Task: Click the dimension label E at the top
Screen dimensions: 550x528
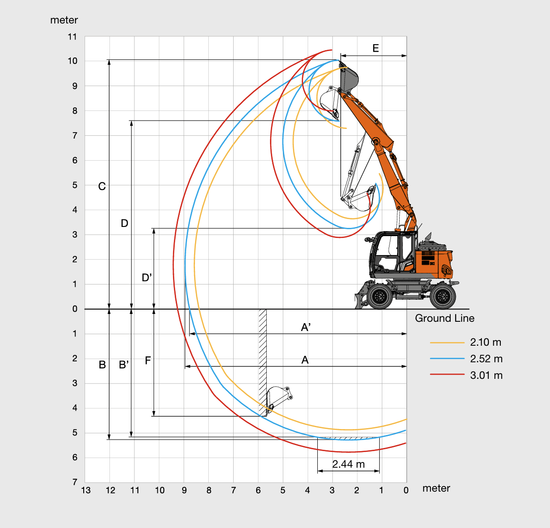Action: pyautogui.click(x=376, y=48)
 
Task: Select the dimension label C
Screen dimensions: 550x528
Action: pyautogui.click(x=102, y=186)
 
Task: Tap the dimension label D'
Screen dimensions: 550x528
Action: pyautogui.click(x=147, y=278)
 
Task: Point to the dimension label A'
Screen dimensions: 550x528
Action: pyautogui.click(x=306, y=327)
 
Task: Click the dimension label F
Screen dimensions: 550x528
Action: pyautogui.click(x=148, y=360)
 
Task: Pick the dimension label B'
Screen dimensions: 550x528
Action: pyautogui.click(x=124, y=365)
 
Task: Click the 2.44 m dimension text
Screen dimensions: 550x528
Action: pyautogui.click(x=348, y=464)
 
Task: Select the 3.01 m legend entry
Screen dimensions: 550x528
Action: pyautogui.click(x=486, y=375)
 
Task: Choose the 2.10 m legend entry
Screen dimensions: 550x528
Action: pyautogui.click(x=486, y=342)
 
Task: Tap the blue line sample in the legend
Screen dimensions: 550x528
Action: pyautogui.click(x=447, y=359)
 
